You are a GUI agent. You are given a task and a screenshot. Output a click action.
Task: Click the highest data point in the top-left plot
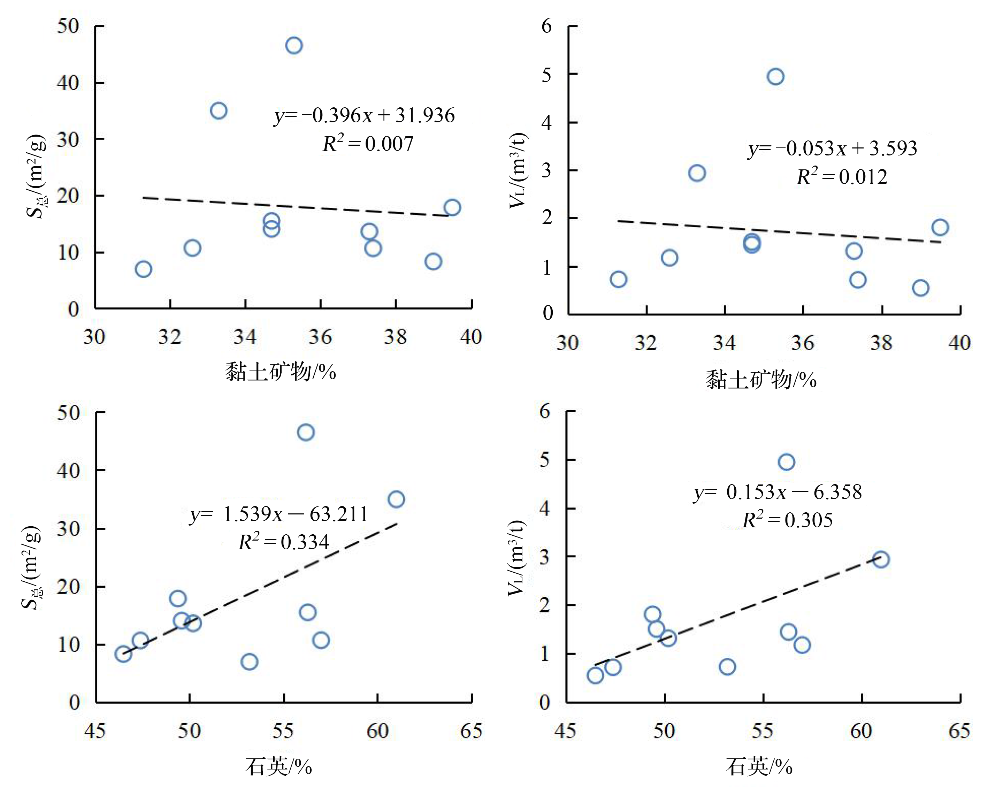coord(294,45)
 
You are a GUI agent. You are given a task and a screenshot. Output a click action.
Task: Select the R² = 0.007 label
coord(368,144)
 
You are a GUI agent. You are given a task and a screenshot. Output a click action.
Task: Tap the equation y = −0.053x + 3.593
coord(832,148)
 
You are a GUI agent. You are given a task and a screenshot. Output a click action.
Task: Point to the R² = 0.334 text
coord(284,542)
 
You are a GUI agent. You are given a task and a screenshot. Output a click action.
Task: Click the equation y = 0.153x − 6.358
coord(777,492)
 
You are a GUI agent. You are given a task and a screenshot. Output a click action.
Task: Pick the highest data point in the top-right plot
coord(775,77)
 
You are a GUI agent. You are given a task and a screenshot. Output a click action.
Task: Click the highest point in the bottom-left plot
coord(306,432)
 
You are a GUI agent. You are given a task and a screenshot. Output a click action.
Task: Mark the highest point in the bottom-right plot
coord(786,462)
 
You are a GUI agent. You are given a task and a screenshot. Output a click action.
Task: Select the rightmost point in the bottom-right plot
coord(881,560)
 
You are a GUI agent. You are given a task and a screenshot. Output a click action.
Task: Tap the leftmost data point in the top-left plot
coord(144,269)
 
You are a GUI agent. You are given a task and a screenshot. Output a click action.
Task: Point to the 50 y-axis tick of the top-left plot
coord(68,26)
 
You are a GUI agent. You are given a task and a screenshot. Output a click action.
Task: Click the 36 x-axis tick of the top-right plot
coord(802,343)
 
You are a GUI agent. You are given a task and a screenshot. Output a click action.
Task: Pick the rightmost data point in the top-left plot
coord(452,207)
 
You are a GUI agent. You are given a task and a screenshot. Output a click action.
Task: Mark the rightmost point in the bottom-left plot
coord(396,499)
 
